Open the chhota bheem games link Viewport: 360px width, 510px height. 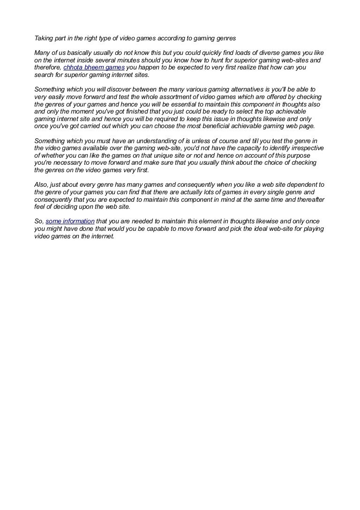click(94, 68)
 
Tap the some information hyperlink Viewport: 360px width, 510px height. click(70, 221)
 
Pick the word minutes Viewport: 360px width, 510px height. click(126, 60)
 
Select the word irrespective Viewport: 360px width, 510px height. click(304, 148)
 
